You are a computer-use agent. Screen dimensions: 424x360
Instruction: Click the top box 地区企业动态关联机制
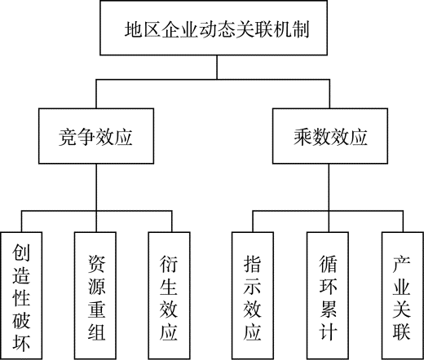click(x=214, y=28)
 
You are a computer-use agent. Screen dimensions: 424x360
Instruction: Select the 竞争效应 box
click(x=96, y=136)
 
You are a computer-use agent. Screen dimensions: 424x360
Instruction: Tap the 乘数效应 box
click(x=330, y=136)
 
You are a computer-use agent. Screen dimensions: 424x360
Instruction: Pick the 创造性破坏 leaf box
click(x=21, y=296)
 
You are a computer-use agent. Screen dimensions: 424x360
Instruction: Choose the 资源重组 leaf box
click(x=95, y=296)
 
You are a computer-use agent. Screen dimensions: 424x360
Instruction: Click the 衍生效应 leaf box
click(x=169, y=296)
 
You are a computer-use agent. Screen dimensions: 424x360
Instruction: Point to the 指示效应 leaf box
click(x=253, y=296)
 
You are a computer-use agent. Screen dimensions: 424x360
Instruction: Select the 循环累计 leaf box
click(x=328, y=296)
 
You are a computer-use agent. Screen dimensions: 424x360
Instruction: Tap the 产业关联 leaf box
click(x=403, y=296)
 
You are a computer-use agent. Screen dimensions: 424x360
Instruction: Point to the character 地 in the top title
click(x=134, y=29)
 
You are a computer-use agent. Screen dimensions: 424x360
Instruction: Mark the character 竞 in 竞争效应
click(x=68, y=137)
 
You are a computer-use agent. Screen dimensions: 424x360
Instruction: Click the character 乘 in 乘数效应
click(x=303, y=137)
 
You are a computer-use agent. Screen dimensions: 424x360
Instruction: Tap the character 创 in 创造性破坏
click(x=21, y=252)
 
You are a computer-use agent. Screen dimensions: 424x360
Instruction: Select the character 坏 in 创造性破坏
click(x=21, y=343)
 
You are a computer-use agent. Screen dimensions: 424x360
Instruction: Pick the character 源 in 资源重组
click(x=96, y=286)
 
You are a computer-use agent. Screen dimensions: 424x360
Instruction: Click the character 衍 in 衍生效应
click(x=169, y=264)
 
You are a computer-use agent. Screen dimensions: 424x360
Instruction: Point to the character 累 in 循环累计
click(x=329, y=309)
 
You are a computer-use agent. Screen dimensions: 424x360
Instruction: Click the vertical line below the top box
click(x=217, y=68)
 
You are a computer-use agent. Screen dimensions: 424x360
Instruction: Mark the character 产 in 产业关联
click(x=401, y=264)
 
